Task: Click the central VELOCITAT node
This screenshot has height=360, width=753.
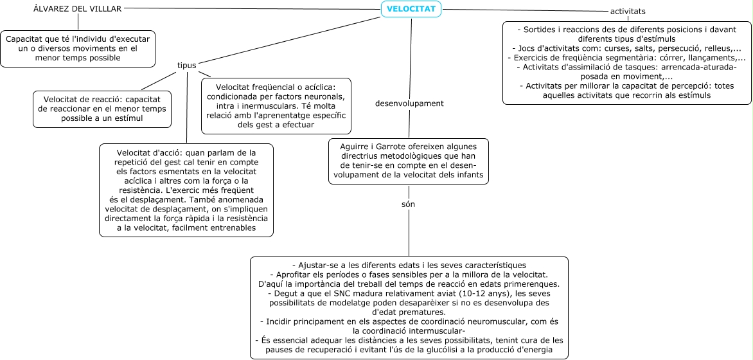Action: (411, 9)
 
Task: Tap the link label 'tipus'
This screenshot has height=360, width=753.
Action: (187, 65)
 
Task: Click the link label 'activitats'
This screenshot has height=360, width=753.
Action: (628, 12)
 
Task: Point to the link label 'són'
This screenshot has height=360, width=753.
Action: (408, 204)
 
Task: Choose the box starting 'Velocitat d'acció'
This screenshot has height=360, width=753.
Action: (186, 190)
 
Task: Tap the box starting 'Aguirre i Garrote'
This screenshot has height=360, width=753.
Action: (408, 161)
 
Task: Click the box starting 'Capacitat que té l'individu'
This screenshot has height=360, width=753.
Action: (78, 48)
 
